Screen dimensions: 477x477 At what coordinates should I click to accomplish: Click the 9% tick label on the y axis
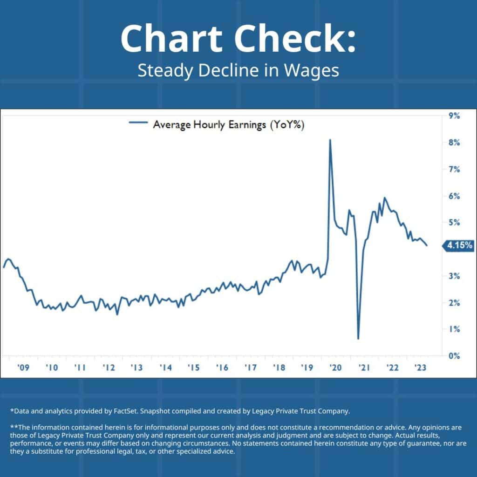coord(454,116)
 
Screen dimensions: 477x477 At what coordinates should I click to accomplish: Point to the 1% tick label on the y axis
coord(454,329)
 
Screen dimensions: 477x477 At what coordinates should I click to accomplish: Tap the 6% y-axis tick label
coord(454,196)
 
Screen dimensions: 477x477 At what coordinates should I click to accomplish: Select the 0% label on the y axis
coord(454,356)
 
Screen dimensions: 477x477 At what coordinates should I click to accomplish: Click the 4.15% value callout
coord(459,245)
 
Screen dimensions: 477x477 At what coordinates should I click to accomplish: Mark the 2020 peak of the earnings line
coord(330,140)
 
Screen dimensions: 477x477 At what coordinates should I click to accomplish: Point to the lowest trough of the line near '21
coord(358,338)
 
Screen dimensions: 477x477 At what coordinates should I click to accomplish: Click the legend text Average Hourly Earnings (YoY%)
coord(229,124)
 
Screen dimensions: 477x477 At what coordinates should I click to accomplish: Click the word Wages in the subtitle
coord(314,71)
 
